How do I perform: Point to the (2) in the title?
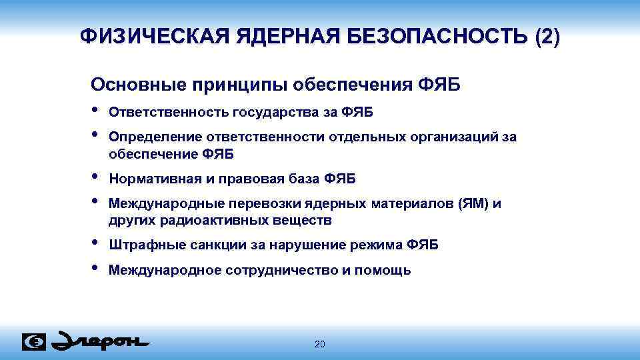pyautogui.click(x=547, y=36)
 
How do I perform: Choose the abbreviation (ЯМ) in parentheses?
pyautogui.click(x=473, y=204)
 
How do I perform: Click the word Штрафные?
pyautogui.click(x=138, y=245)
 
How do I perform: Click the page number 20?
pyautogui.click(x=319, y=344)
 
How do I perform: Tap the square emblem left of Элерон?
pyautogui.click(x=34, y=341)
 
